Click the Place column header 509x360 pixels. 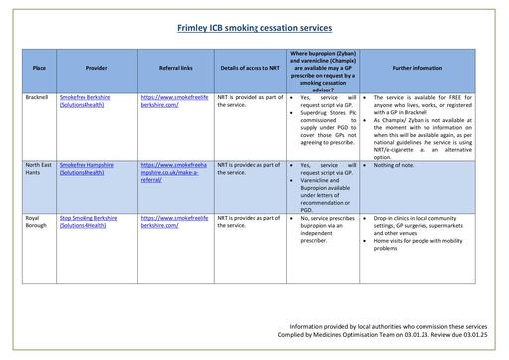39,68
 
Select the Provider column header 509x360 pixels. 96,68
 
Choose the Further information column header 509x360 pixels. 418,68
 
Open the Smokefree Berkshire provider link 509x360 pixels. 85,98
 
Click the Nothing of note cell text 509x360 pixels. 395,164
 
